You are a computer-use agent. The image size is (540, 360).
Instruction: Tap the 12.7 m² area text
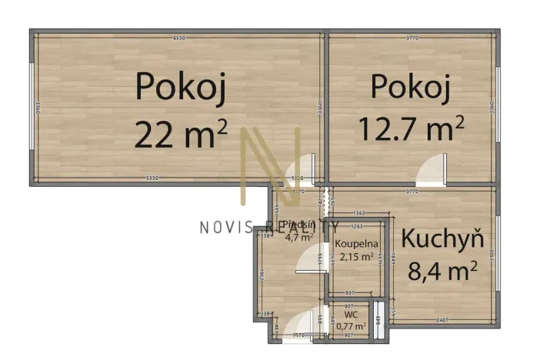coord(412,127)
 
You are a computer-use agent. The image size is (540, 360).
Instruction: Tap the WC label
coord(351,315)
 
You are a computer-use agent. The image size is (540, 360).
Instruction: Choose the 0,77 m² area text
coord(351,326)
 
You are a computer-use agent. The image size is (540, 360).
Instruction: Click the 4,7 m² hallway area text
coord(298,237)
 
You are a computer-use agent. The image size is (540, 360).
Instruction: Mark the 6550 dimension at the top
coord(179,37)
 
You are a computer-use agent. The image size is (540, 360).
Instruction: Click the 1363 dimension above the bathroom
coord(357,213)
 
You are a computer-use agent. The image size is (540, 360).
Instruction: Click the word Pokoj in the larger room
coord(181,87)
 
